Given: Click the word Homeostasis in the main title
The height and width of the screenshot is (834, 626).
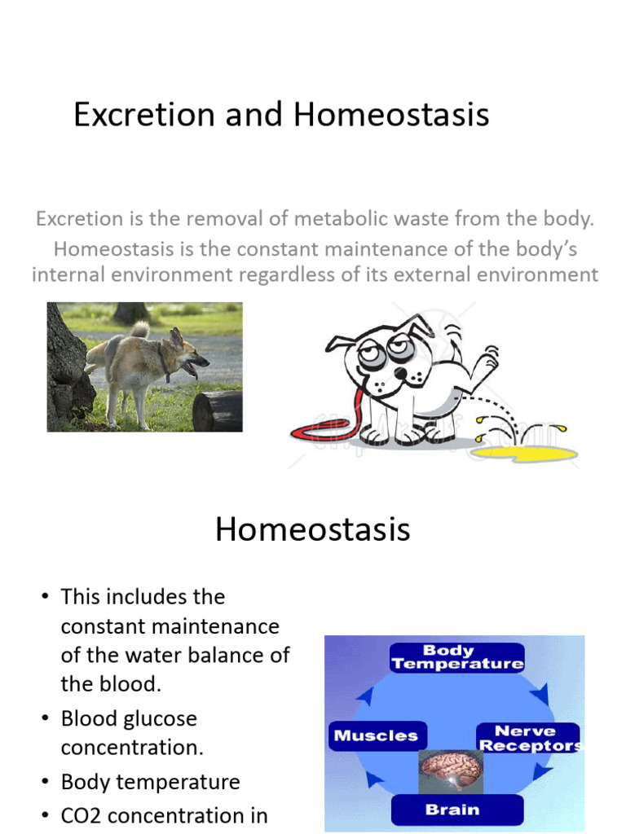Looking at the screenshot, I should [x=391, y=115].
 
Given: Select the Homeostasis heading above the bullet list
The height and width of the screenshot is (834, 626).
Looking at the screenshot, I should [x=312, y=530].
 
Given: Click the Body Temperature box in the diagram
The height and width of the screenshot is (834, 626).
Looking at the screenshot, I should [x=456, y=657].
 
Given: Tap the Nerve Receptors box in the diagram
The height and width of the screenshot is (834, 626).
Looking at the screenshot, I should [x=528, y=738].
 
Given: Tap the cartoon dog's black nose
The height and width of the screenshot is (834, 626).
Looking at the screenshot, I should [x=400, y=373].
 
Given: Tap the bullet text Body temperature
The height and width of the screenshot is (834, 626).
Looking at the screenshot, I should [x=150, y=782].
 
